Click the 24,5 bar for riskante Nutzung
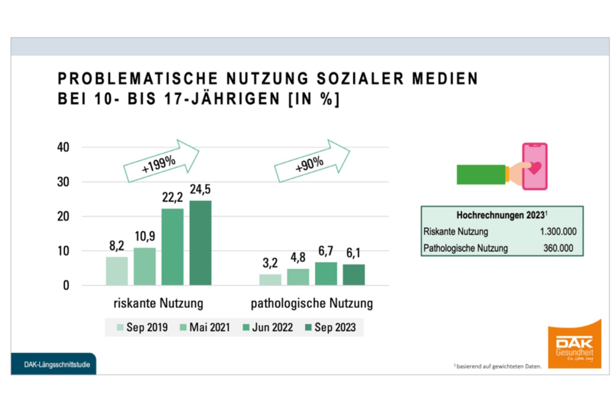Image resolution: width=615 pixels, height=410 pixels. pos(201,243)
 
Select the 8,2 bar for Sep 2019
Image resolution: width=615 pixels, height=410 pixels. pos(117,271)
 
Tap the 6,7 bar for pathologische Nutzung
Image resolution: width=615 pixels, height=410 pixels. pos(326,274)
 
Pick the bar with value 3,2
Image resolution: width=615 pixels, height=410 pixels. pos(270,279)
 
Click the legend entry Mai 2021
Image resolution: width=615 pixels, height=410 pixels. pos(205,328)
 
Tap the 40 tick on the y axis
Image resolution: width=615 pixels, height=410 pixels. pos(63,148)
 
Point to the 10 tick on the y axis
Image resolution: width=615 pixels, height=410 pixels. pos(63,251)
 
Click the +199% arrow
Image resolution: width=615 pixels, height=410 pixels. pos(162,162)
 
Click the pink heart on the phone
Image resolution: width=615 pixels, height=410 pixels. pos(535,168)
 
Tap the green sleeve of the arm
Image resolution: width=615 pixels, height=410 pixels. pos(481,175)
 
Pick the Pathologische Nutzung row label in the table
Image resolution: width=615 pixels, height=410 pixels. pos(465,248)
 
